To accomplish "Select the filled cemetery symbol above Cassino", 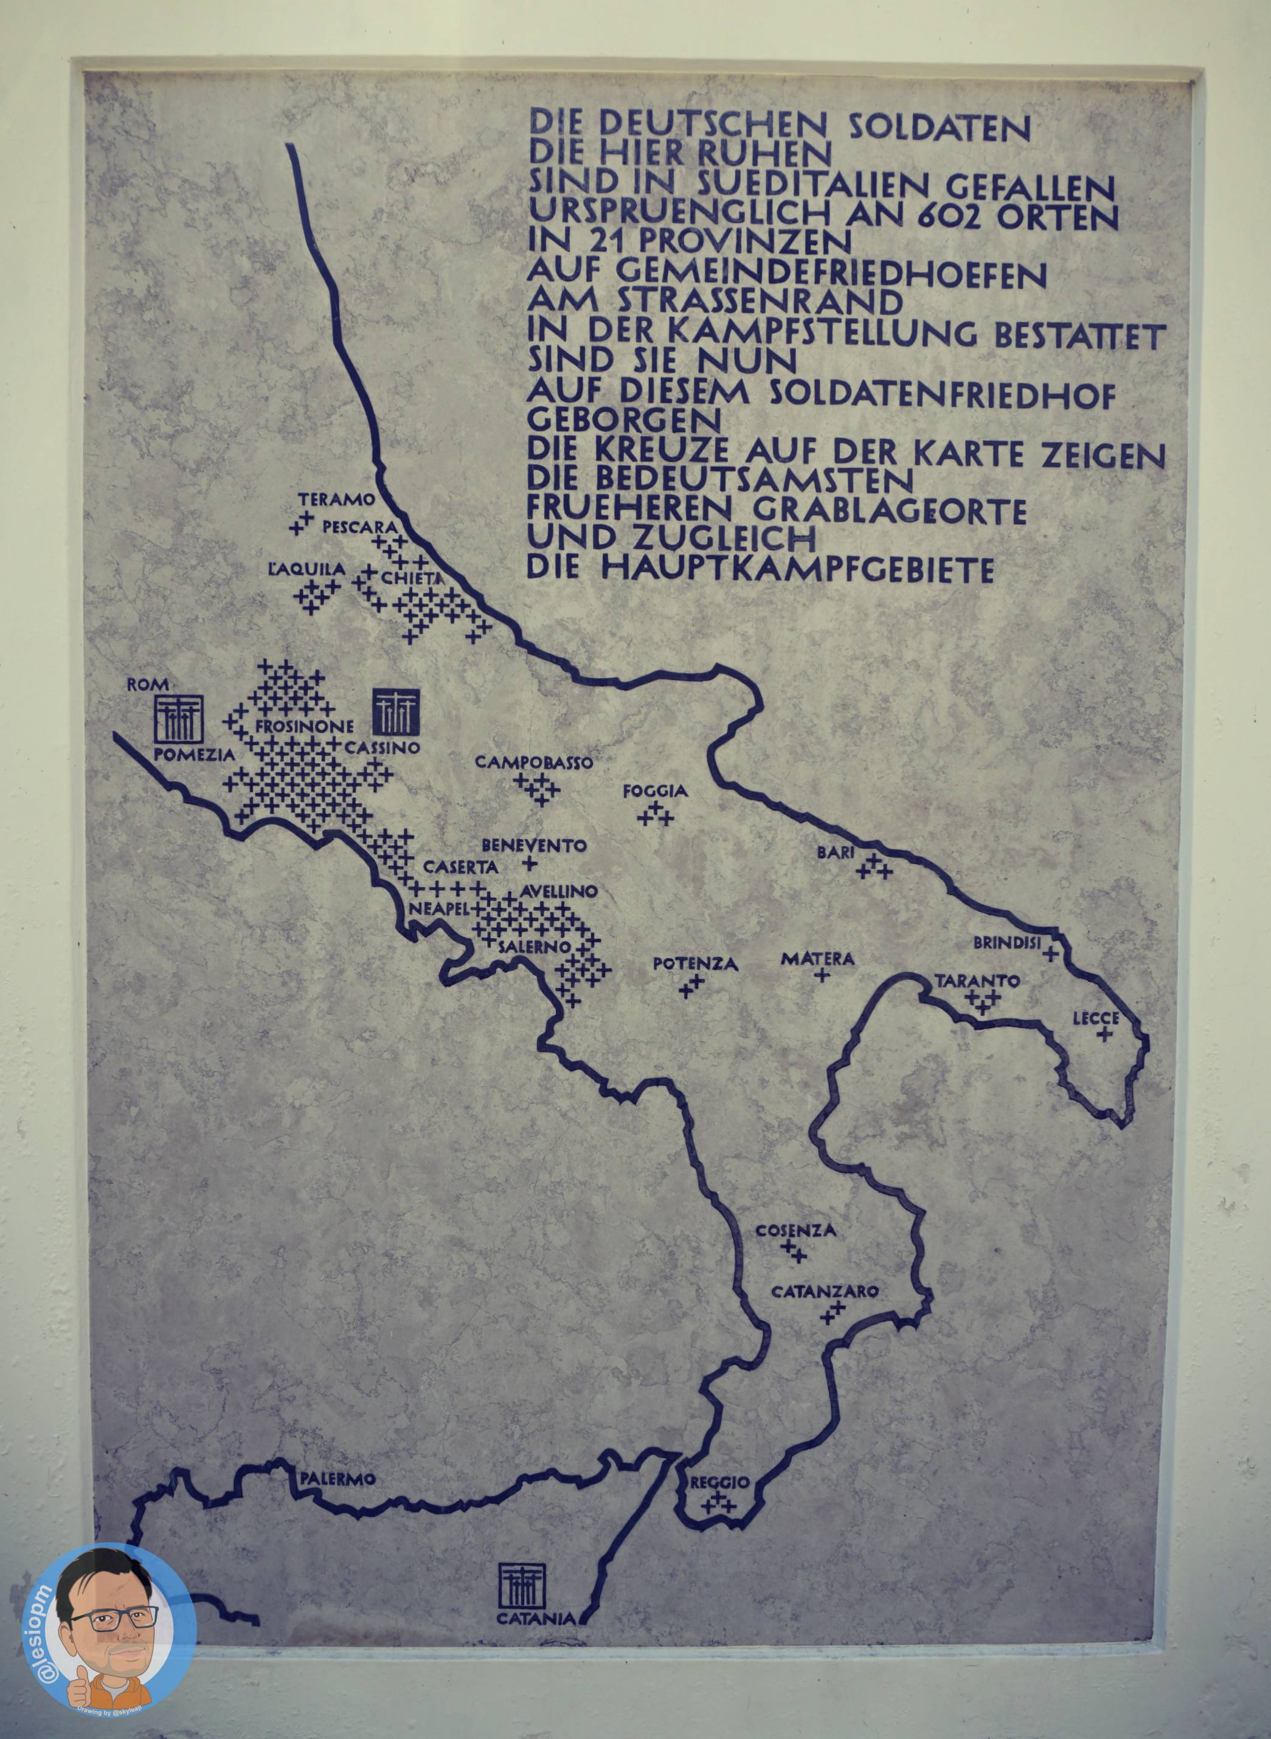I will [397, 711].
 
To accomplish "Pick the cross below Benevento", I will [528, 862].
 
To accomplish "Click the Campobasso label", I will [534, 763].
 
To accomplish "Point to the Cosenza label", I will [795, 1231].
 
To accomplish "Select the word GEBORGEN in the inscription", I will [624, 421].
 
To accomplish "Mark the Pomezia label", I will [195, 755].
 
